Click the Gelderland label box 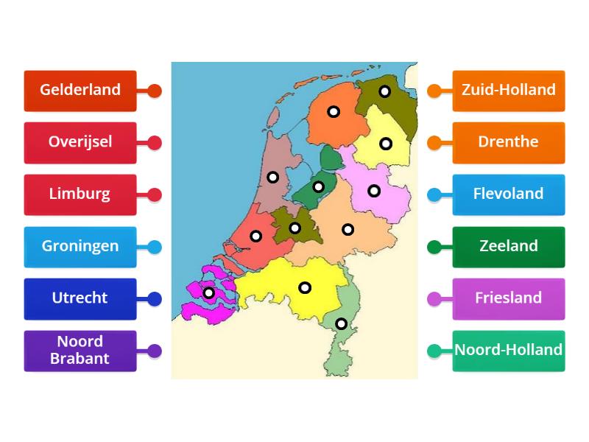coord(80,91)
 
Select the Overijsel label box coord(80,142)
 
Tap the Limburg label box coord(80,194)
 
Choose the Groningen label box coord(80,247)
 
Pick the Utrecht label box coord(80,298)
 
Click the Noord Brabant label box coord(80,351)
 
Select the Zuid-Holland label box coord(509,91)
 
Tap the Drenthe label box coord(509,142)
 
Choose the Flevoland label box coord(509,194)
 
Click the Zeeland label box coord(509,247)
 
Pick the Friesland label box coord(509,298)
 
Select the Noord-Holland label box coord(509,351)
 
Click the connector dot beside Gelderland coord(154,91)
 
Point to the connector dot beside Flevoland coord(434,195)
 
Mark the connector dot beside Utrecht coord(154,299)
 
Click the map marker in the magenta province coord(209,292)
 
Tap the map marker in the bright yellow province coord(305,287)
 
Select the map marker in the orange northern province coord(334,112)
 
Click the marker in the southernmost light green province coord(342,323)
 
